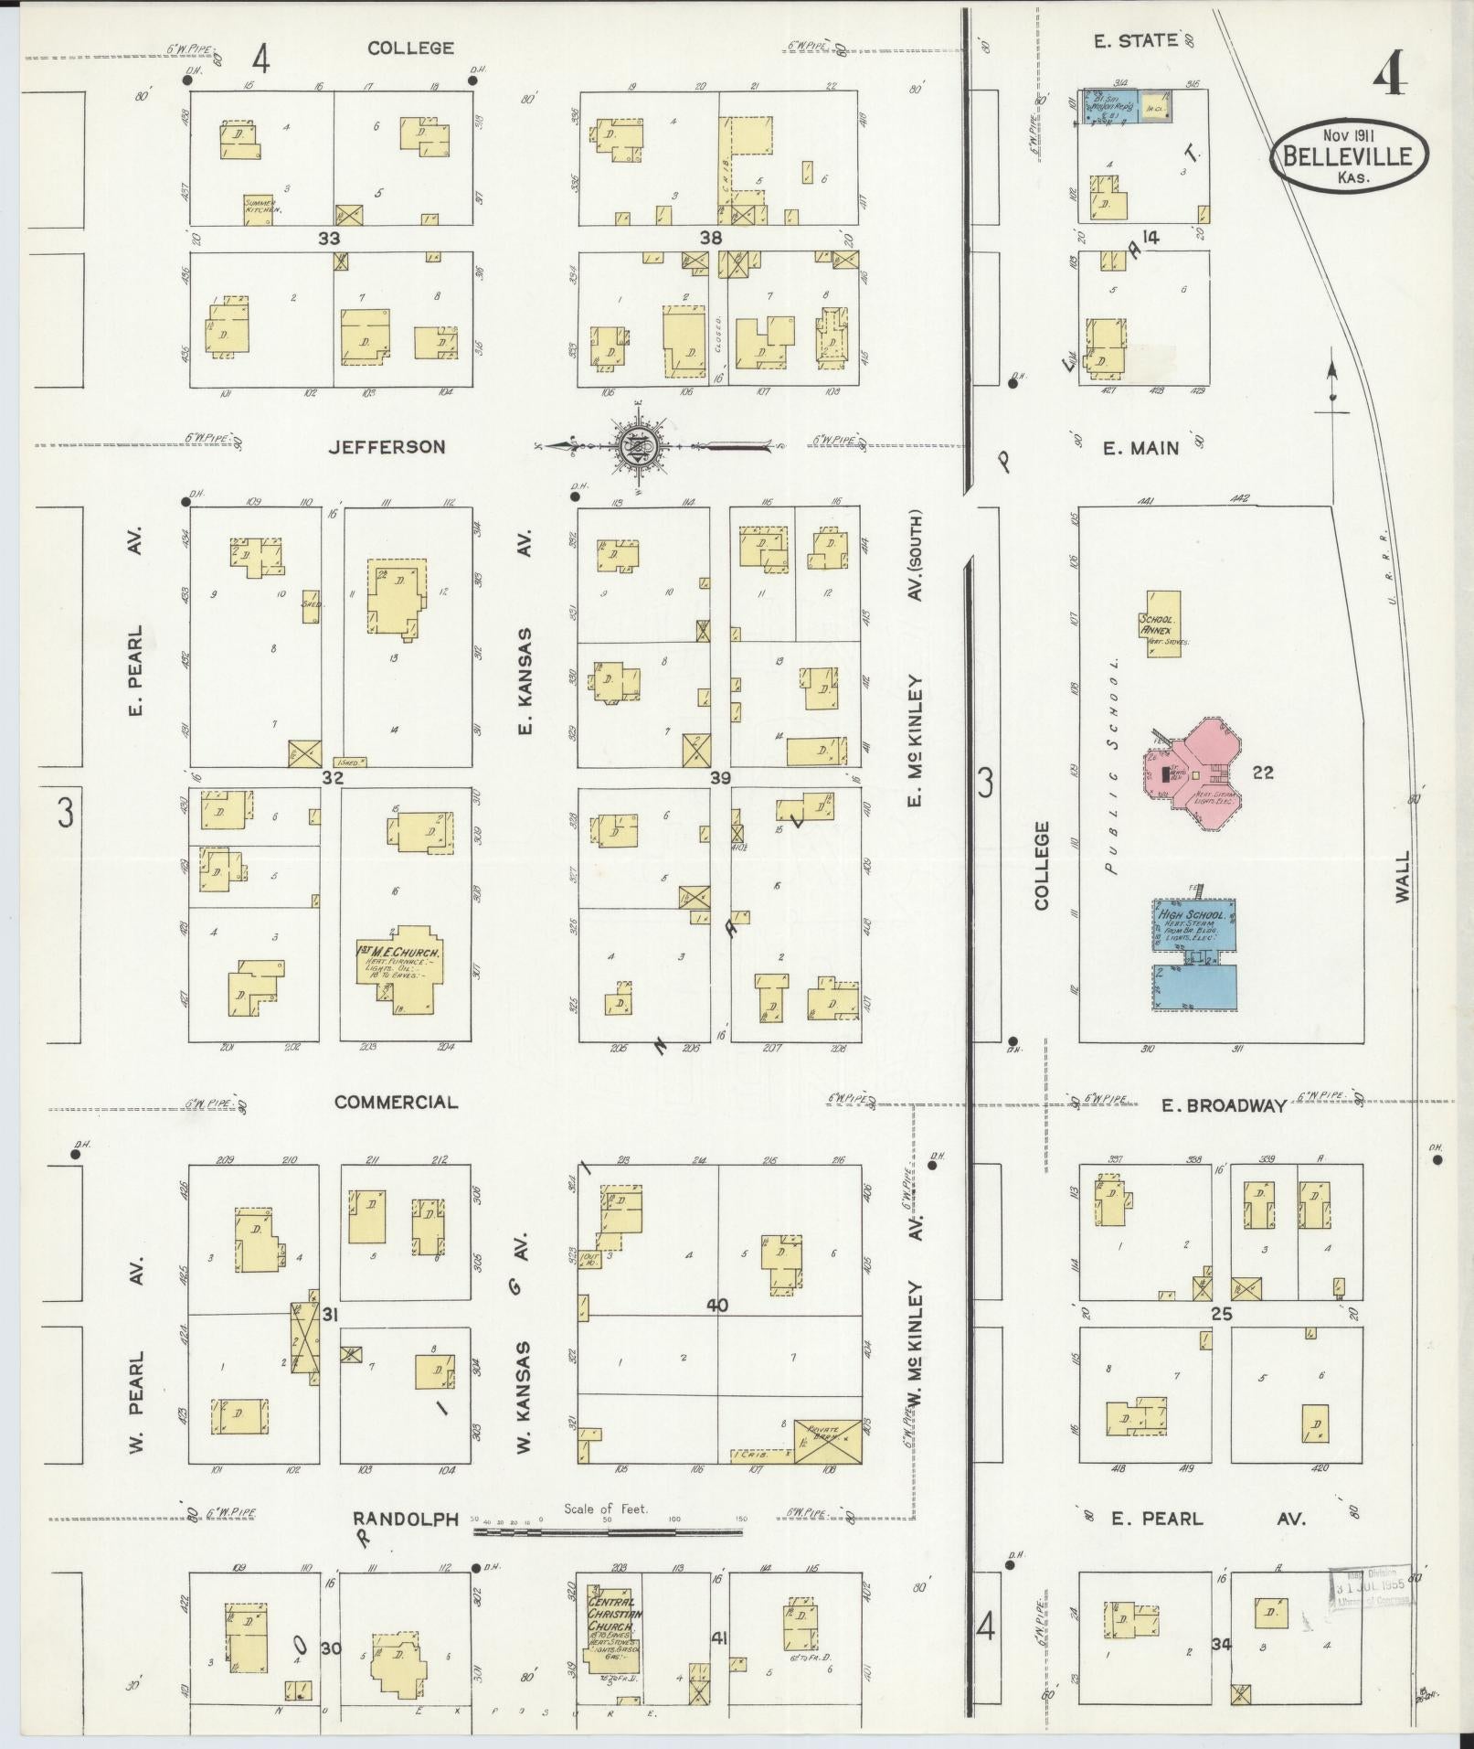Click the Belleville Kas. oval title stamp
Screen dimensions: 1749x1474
[x=1348, y=156]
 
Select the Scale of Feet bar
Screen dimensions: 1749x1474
[x=607, y=1532]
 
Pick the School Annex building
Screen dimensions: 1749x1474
[x=1162, y=624]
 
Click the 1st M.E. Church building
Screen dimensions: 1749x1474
[x=398, y=967]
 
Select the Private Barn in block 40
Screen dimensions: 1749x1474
[x=827, y=1441]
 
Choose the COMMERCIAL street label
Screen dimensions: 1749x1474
[x=396, y=1102]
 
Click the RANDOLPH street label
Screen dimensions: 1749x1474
[x=405, y=1519]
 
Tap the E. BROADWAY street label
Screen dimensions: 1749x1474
[x=1224, y=1106]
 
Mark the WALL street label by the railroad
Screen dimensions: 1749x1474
[x=1403, y=878]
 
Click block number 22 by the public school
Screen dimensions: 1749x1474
[x=1263, y=773]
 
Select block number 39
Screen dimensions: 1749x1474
[x=721, y=777]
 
